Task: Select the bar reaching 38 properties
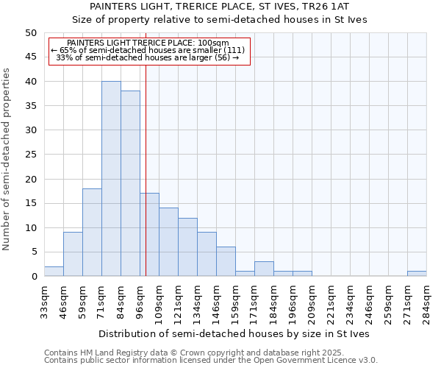click(x=130, y=184)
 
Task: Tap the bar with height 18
click(x=92, y=233)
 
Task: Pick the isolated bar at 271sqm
click(x=417, y=274)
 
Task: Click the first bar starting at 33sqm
click(x=54, y=272)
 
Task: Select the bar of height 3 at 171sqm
click(x=264, y=269)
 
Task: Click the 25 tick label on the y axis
click(x=31, y=155)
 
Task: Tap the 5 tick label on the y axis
click(x=34, y=252)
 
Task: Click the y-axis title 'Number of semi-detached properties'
click(x=7, y=159)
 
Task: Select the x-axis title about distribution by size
click(x=234, y=333)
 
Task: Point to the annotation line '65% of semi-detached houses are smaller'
click(x=150, y=50)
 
